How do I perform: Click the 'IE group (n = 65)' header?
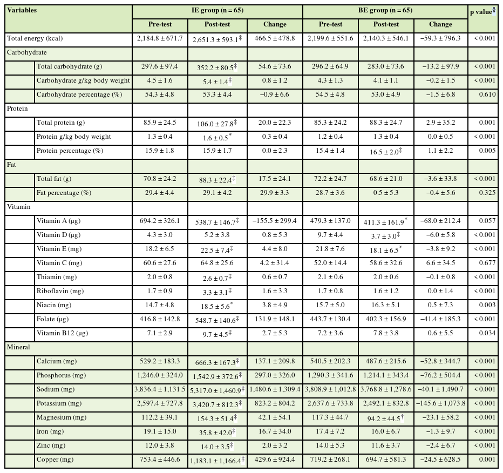[217, 10]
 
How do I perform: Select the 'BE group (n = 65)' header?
[385, 10]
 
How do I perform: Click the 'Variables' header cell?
[22, 10]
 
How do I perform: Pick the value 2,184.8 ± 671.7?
[160, 38]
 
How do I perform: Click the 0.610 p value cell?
[485, 94]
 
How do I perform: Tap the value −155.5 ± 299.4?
[274, 221]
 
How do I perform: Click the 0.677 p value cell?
[485, 263]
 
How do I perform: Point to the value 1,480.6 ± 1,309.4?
[275, 389]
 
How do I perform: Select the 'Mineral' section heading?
[18, 347]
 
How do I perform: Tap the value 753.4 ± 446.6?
[160, 460]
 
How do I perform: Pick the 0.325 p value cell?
[485, 193]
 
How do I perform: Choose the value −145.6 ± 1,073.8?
[440, 403]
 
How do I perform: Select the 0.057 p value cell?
[485, 221]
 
